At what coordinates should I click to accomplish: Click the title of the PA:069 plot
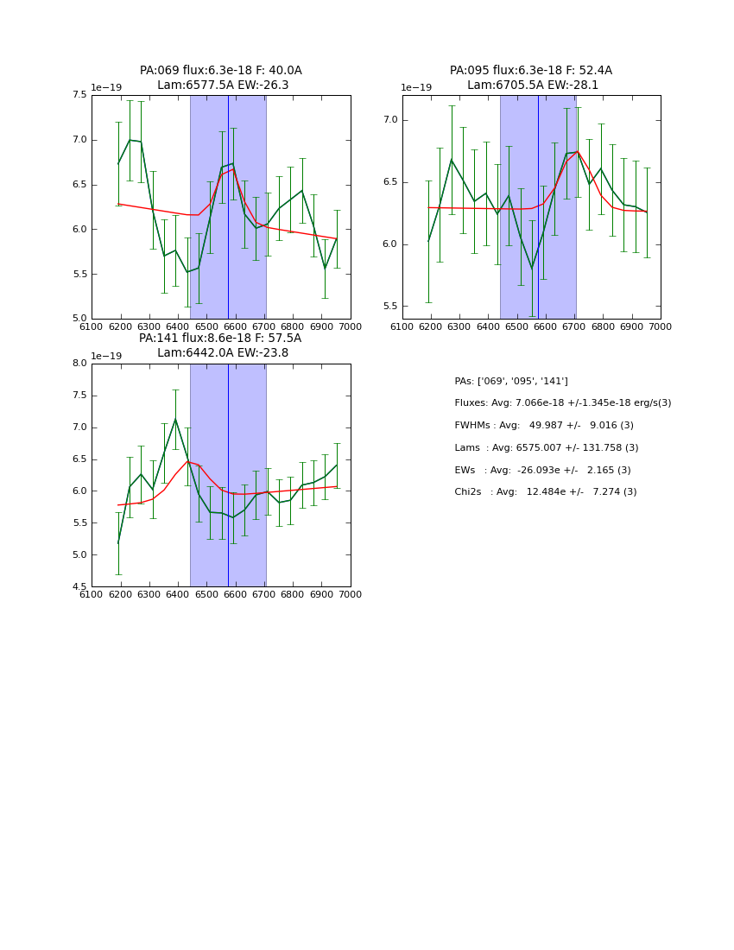[221, 78]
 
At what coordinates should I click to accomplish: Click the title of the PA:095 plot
[531, 78]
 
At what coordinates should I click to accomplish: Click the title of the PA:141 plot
[221, 345]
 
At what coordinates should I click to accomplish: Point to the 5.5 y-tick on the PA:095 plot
[389, 307]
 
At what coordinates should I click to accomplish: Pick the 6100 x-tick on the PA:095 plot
[402, 326]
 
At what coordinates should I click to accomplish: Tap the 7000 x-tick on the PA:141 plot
[351, 594]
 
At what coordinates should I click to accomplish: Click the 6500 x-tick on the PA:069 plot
[206, 326]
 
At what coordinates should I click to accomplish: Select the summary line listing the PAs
[511, 381]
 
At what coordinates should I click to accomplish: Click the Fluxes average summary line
[562, 403]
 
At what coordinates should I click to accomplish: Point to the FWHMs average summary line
[544, 425]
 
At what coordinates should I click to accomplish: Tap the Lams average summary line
[547, 447]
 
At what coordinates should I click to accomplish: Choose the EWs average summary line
[542, 470]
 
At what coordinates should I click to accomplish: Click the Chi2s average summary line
[546, 492]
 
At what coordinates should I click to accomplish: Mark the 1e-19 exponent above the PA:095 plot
[417, 87]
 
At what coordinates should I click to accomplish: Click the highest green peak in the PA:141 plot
[175, 420]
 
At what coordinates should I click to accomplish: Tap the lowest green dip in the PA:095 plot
[532, 268]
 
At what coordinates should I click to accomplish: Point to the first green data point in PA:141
[118, 542]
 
